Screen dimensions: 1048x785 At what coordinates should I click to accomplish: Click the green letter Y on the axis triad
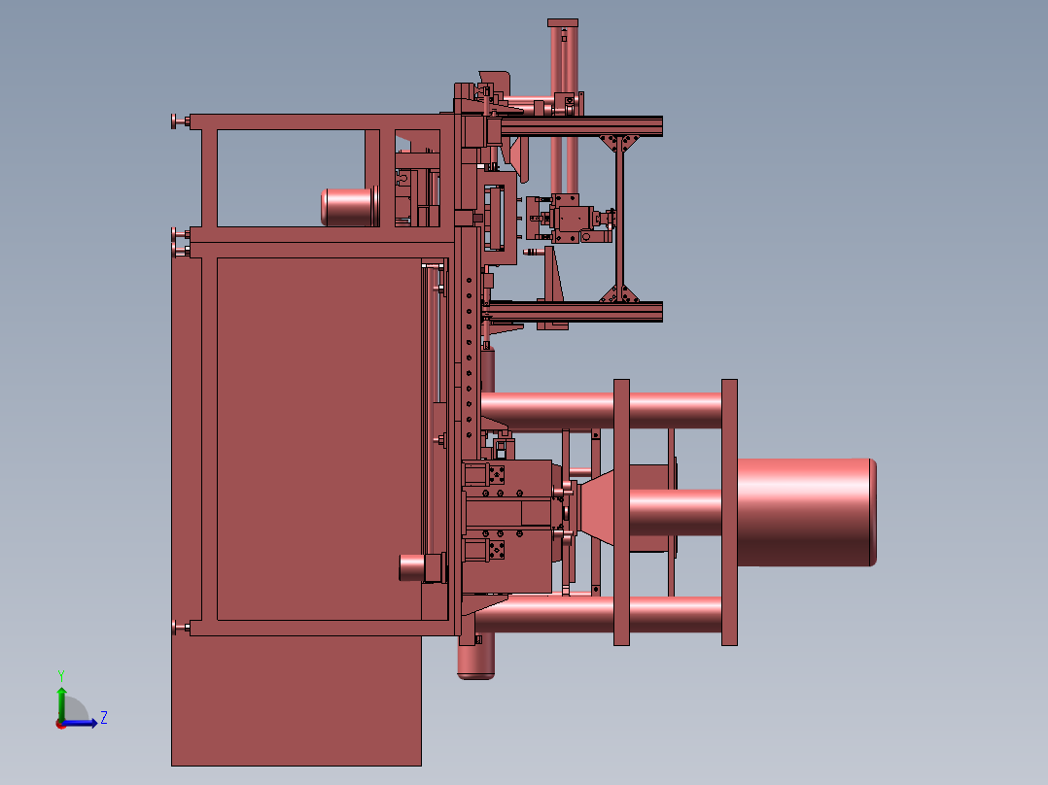coord(61,675)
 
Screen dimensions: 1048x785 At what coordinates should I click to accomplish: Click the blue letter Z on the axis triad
coord(104,718)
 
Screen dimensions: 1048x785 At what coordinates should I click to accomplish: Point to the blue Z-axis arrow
coord(80,723)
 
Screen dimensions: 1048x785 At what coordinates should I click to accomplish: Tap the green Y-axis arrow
coord(61,704)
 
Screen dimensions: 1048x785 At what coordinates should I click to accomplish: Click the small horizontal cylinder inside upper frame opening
coord(349,207)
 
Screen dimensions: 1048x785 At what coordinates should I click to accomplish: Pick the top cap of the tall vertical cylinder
coord(563,23)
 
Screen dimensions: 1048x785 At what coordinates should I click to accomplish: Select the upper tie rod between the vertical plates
coord(601,411)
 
